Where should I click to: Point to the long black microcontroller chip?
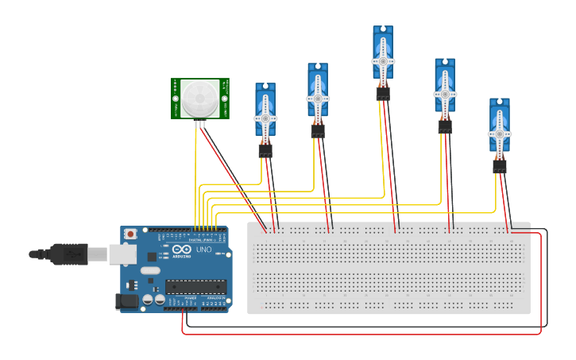(x=195, y=287)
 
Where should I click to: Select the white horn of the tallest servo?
(x=383, y=60)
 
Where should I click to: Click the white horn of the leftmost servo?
(x=265, y=118)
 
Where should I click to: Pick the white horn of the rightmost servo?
(x=499, y=134)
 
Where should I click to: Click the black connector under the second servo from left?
(x=318, y=131)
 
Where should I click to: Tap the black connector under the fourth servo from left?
(x=445, y=126)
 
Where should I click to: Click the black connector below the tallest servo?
(x=383, y=94)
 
